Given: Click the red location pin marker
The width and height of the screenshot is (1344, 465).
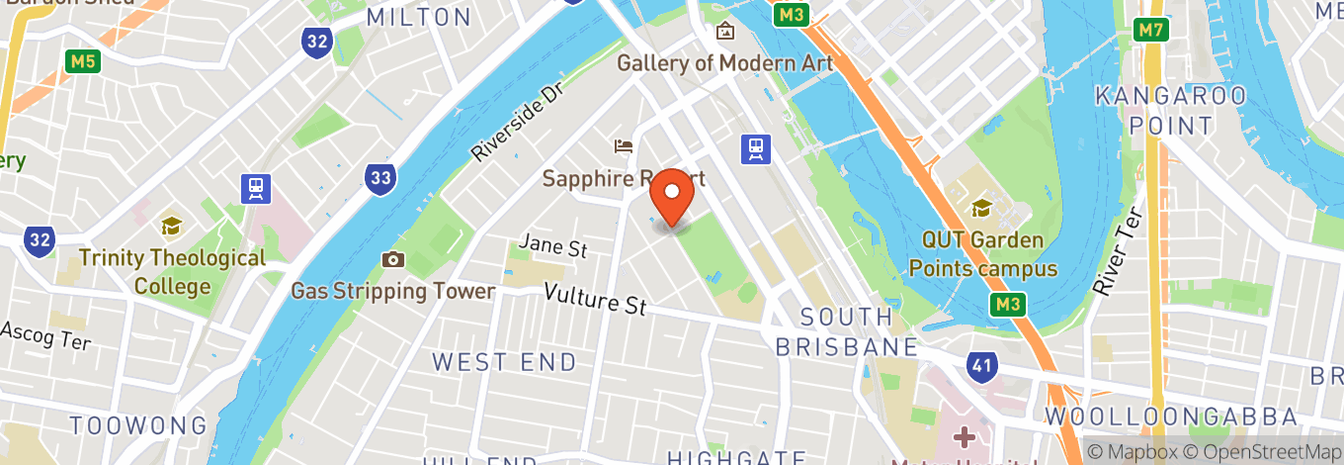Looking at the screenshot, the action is tap(673, 196).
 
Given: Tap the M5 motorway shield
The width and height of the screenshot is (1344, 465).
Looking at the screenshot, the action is tap(84, 61).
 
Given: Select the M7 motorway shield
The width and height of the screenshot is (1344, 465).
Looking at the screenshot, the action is tap(1150, 30).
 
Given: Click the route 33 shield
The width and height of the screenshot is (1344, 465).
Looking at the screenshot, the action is tap(379, 179).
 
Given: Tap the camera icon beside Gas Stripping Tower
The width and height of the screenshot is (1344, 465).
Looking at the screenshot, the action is tap(393, 259).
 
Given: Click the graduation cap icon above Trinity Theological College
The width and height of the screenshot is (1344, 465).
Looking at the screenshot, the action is tap(172, 227).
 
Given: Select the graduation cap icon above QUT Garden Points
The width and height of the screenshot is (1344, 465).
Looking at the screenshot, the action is tap(981, 208).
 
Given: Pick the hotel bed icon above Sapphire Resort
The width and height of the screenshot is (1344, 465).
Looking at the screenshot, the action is tap(624, 146).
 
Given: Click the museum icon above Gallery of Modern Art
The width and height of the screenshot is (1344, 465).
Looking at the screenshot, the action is tap(725, 31).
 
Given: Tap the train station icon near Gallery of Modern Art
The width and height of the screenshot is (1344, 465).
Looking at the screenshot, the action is tap(756, 148).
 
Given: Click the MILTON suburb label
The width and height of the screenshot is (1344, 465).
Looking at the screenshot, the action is tap(419, 17).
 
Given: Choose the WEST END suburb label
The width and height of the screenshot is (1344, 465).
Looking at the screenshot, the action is tap(504, 362).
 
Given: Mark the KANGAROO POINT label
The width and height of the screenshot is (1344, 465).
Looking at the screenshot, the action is tap(1171, 111).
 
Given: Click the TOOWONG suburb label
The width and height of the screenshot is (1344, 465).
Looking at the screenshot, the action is tap(138, 426).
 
